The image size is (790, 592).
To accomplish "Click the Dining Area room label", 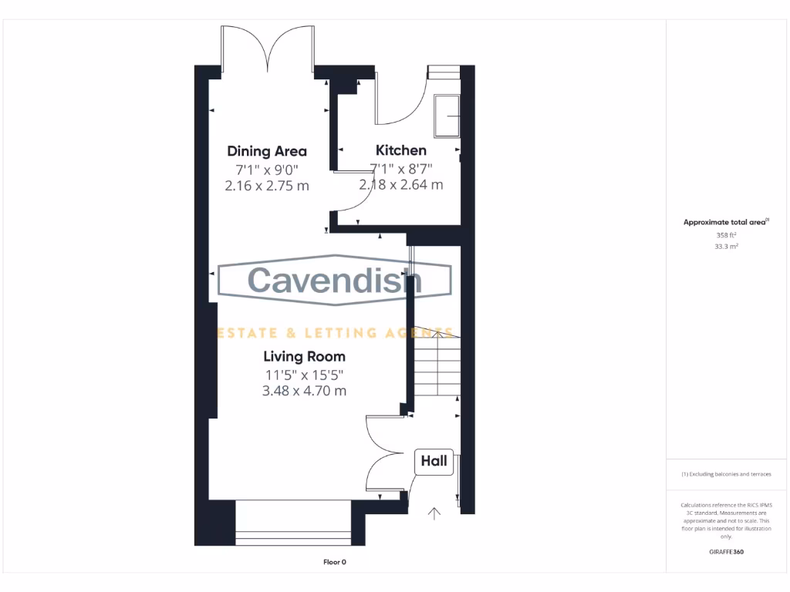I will [x=266, y=151].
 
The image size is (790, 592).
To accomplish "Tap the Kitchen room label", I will [x=400, y=150].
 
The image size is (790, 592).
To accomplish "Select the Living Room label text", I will [x=304, y=356].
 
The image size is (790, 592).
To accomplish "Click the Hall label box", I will [x=434, y=461].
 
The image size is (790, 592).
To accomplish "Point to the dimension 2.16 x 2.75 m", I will [x=266, y=185].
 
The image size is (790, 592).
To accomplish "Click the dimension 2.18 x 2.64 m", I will [x=400, y=185].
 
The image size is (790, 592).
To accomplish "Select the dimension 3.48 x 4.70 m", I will [x=304, y=391].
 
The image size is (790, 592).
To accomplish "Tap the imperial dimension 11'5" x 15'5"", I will [x=304, y=375].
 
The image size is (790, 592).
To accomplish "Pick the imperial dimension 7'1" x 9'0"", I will [x=266, y=169].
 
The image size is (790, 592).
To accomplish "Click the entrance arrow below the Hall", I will [x=434, y=513].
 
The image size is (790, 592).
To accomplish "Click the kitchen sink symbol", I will [x=447, y=116].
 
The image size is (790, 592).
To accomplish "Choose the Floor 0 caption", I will [x=334, y=562].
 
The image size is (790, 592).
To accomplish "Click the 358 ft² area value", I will [x=728, y=235].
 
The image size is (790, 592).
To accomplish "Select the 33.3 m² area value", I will [x=728, y=247].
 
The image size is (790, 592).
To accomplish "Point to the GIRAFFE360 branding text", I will [x=727, y=552].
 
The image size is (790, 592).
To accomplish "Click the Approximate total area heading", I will [x=726, y=222].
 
